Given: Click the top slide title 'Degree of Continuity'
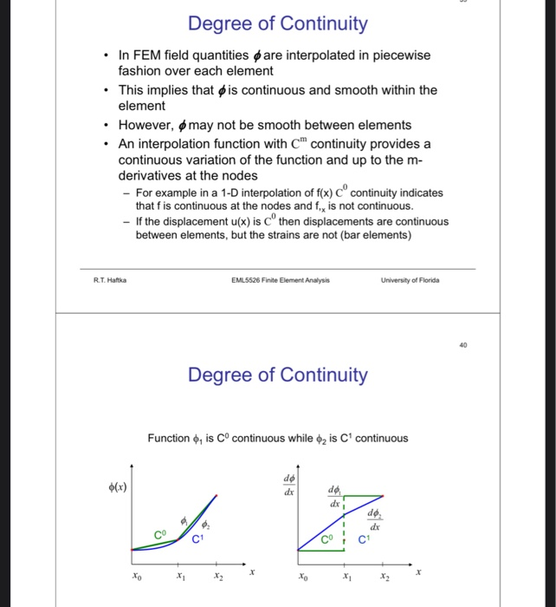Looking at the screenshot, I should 277,23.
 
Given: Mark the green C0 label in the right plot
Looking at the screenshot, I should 326,540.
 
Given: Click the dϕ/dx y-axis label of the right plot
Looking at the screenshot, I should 288,484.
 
